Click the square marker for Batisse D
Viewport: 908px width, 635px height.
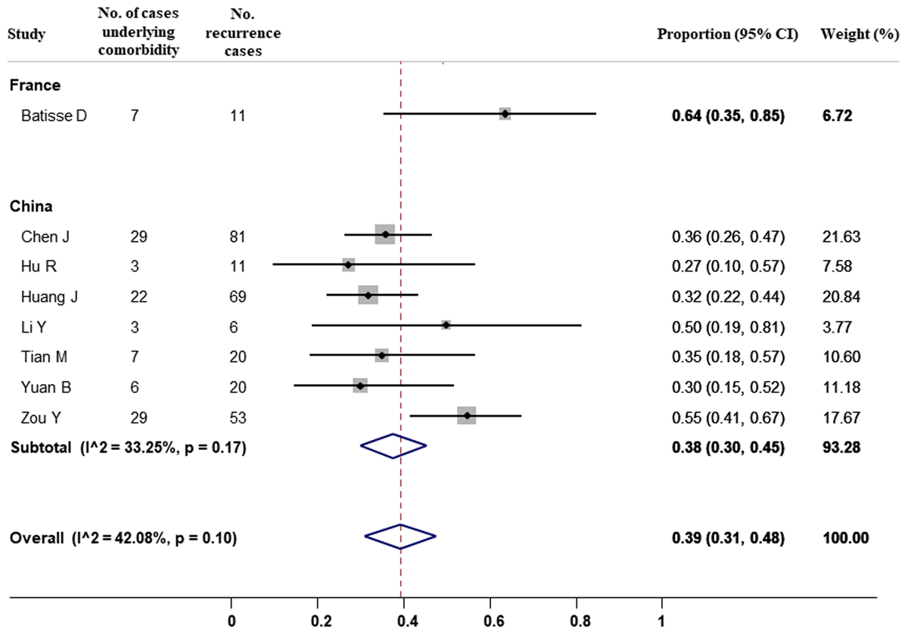(x=505, y=113)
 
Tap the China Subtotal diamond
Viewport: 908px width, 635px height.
(x=393, y=446)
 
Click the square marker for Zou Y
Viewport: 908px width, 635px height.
(x=467, y=416)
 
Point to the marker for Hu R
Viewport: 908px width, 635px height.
(x=348, y=265)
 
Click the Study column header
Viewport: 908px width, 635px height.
(x=26, y=35)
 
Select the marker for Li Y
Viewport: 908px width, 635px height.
(x=446, y=325)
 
